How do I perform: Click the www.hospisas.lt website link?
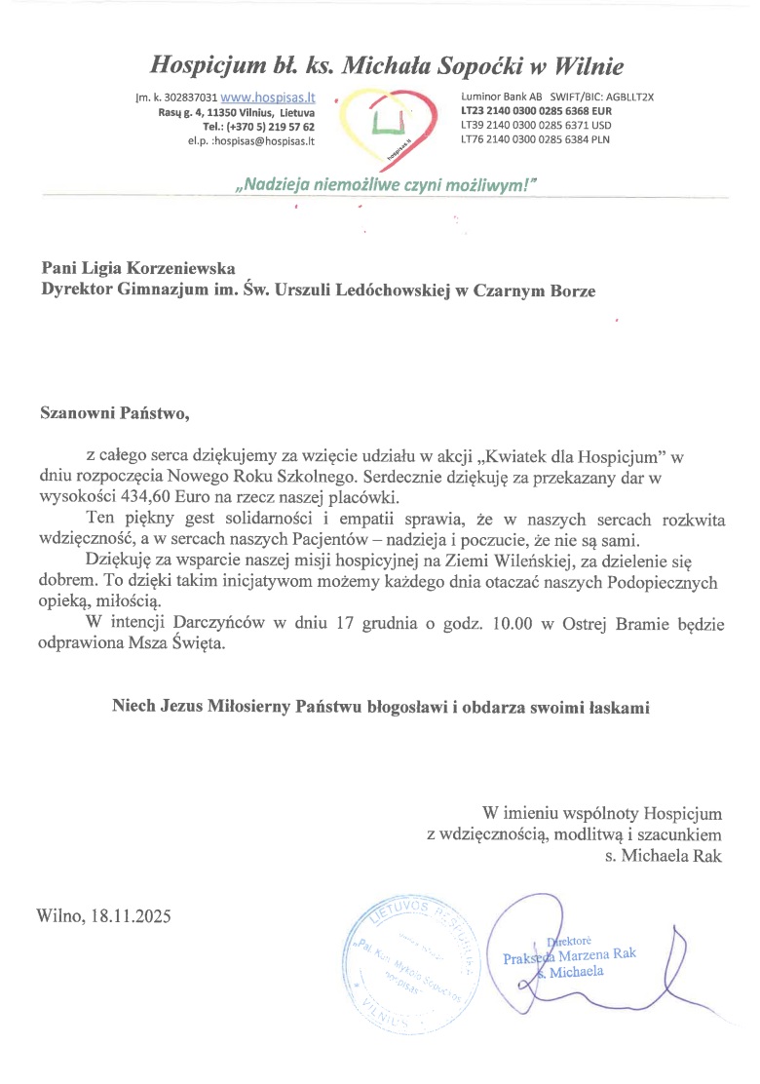tap(268, 98)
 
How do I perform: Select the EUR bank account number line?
tap(536, 112)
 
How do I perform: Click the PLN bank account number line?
tap(536, 140)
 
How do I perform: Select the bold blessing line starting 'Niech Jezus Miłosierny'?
tap(380, 707)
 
